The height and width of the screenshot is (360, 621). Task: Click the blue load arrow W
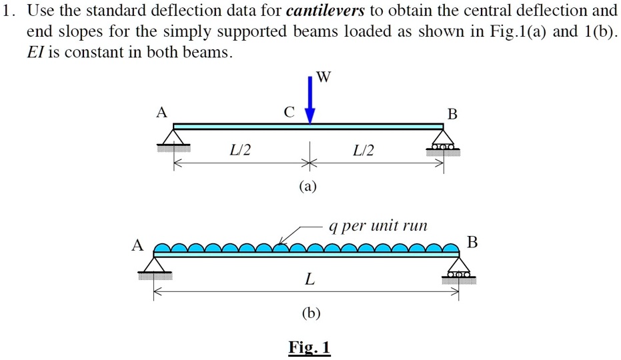pos(310,100)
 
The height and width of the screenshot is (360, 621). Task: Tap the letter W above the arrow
pos(323,77)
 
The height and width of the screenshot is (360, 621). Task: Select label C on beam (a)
pos(288,113)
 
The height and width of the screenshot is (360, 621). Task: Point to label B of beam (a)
pos(452,114)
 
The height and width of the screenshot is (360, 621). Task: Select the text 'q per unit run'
pos(378,226)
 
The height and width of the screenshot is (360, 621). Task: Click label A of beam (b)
pos(137,245)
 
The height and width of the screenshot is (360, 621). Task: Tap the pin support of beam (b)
pos(155,266)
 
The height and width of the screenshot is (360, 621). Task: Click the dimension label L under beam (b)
pos(308,279)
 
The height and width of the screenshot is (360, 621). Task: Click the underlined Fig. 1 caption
pos(309,347)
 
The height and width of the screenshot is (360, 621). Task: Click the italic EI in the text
pos(35,52)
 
